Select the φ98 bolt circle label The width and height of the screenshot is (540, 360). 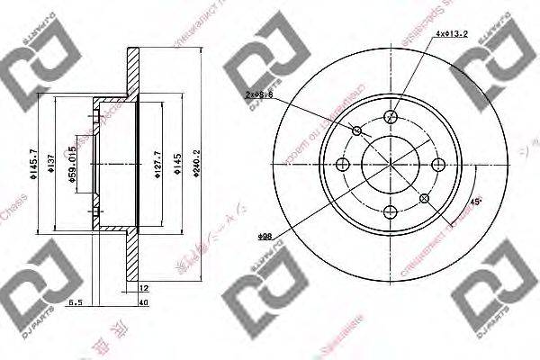click(x=265, y=236)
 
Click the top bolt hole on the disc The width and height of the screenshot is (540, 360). click(x=391, y=116)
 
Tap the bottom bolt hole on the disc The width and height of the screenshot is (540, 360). click(x=391, y=211)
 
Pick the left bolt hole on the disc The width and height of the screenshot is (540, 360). click(x=343, y=164)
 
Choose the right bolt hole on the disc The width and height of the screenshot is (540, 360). click(x=438, y=164)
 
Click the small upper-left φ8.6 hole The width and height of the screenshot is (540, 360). click(x=356, y=131)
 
